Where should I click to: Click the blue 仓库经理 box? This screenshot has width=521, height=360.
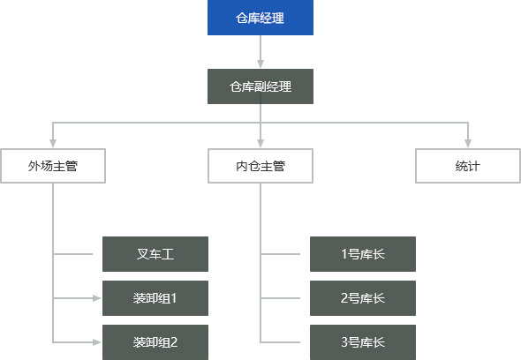tap(260, 18)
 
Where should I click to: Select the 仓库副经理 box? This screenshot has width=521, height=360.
tap(260, 86)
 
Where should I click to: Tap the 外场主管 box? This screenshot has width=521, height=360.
tap(53, 166)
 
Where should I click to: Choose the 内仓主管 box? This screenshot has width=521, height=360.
tap(260, 166)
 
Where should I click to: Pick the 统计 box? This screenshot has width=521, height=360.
tap(468, 166)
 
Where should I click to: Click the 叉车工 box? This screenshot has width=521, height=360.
tap(155, 254)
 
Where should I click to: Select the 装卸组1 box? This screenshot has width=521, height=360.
tap(155, 298)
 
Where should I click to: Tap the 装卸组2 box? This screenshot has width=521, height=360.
tap(155, 342)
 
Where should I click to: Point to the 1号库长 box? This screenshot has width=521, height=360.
tap(363, 254)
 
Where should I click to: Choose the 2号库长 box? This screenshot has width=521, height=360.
tap(363, 298)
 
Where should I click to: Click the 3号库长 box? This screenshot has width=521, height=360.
tap(363, 342)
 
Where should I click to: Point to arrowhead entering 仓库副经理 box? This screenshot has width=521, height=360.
tap(260, 64)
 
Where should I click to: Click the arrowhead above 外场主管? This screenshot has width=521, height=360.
tap(53, 143)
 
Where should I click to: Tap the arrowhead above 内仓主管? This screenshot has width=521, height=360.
tap(260, 143)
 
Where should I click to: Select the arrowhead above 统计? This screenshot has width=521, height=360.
tap(468, 143)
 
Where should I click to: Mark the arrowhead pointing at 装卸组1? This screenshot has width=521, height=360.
tap(96, 298)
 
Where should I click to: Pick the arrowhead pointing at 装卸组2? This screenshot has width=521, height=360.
tap(96, 342)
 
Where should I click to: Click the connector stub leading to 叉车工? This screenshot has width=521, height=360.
tap(72, 254)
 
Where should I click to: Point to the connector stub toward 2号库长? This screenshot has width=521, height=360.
tap(280, 298)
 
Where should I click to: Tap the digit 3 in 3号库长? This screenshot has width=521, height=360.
tap(344, 342)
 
